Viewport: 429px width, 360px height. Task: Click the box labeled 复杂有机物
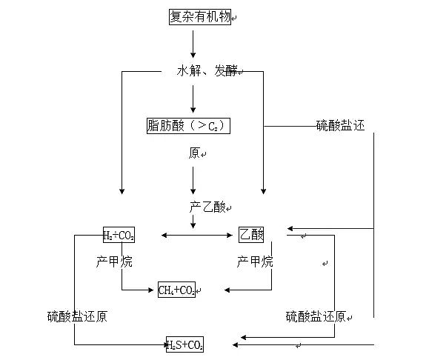pyautogui.click(x=199, y=16)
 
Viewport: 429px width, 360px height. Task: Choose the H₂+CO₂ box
pyautogui.click(x=119, y=236)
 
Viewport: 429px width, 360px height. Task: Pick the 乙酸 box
pyautogui.click(x=251, y=235)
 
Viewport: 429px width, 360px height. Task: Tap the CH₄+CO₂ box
pyautogui.click(x=176, y=290)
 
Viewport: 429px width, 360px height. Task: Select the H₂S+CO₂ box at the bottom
pyautogui.click(x=184, y=344)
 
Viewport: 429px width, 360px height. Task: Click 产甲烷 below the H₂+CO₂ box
pyautogui.click(x=114, y=261)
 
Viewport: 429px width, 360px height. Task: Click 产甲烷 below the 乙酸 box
pyautogui.click(x=254, y=261)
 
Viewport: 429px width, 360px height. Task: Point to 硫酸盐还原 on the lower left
pyautogui.click(x=76, y=317)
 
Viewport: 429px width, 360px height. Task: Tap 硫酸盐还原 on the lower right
pyautogui.click(x=316, y=317)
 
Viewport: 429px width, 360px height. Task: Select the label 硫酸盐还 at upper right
pyautogui.click(x=340, y=125)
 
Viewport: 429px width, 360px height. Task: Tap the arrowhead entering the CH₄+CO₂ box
pyautogui.click(x=152, y=290)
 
